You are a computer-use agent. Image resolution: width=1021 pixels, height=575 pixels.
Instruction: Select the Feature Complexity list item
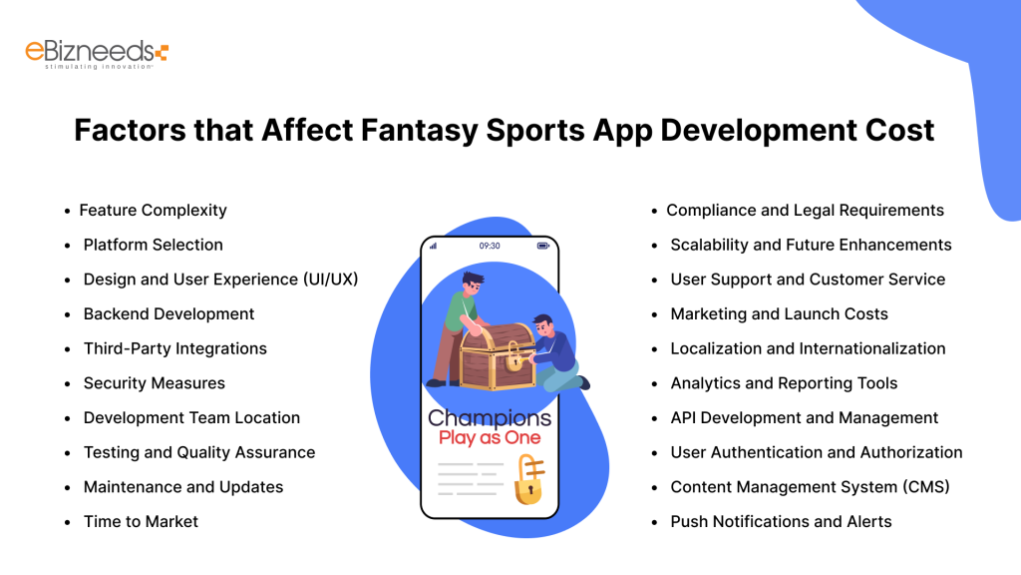(153, 211)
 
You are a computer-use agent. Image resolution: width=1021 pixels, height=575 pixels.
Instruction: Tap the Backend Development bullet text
(169, 314)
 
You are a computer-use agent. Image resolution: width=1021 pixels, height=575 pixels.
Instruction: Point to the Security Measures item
(154, 383)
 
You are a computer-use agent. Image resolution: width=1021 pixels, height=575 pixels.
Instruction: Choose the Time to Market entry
(141, 521)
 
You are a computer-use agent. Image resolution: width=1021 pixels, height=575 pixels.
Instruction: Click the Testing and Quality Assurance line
(198, 452)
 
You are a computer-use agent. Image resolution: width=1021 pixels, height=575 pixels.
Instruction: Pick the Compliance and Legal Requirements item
(805, 211)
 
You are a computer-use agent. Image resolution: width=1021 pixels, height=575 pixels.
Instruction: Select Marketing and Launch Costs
(779, 314)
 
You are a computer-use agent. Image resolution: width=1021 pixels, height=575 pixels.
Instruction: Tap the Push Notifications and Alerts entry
(781, 521)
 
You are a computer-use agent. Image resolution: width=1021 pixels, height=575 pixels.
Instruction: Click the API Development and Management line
(804, 418)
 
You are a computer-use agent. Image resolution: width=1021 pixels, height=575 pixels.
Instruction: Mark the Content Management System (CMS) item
(810, 487)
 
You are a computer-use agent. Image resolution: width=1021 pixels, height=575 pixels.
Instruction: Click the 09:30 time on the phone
(490, 246)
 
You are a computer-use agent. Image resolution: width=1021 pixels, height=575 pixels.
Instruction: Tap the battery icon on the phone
(543, 246)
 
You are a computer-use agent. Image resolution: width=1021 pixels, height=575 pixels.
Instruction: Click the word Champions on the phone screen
(490, 418)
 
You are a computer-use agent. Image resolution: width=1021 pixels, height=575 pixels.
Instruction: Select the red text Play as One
(490, 438)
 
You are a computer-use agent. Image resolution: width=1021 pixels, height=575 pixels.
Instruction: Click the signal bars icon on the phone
(434, 246)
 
